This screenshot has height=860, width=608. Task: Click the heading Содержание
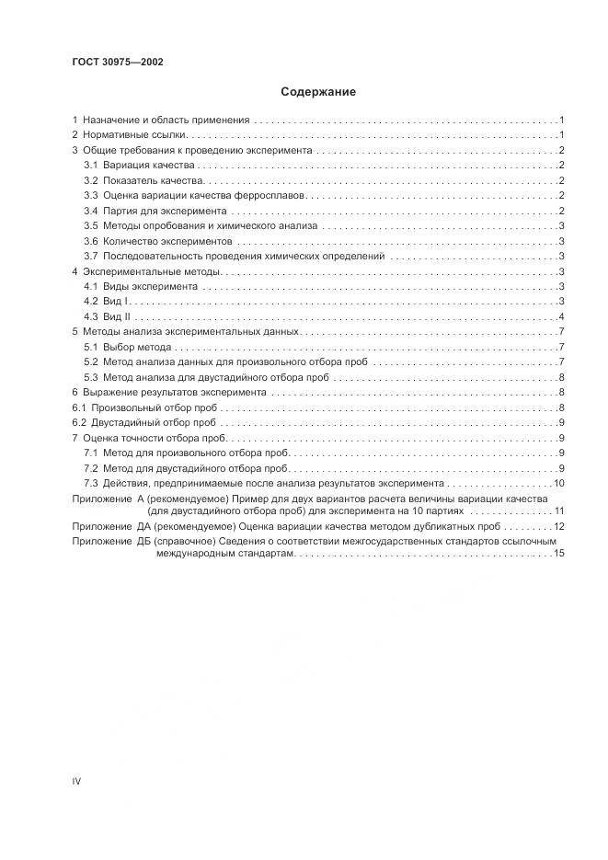coord(317,92)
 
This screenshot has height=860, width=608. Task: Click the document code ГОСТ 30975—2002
coord(118,62)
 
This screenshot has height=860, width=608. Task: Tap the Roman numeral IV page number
coord(77,781)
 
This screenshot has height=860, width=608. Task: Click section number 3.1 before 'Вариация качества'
coord(91,165)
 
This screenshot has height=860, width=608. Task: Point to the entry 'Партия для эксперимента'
coord(158,211)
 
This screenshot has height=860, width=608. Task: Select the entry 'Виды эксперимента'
coord(143,286)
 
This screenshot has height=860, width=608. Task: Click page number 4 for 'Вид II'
coord(561,316)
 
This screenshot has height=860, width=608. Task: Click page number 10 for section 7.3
coord(558,483)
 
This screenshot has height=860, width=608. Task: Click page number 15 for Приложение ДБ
coord(558,553)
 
